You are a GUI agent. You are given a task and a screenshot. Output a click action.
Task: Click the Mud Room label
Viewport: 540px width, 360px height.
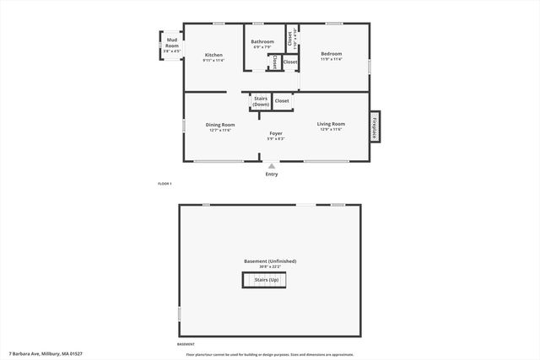point(171,41)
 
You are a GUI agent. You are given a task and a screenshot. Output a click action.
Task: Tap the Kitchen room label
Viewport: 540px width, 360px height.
point(213,55)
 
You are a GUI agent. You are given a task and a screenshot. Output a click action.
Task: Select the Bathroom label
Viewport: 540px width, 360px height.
point(262,41)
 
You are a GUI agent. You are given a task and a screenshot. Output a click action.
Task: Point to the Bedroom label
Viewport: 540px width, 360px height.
point(332,54)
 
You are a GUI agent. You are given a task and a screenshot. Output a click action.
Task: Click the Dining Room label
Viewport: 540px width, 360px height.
point(220,125)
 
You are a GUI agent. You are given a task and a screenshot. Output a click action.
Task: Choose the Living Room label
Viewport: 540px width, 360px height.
point(331,124)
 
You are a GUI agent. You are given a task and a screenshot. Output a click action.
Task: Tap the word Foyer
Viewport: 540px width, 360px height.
point(275,133)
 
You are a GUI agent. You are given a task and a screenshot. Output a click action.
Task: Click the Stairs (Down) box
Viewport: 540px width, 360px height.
point(261,101)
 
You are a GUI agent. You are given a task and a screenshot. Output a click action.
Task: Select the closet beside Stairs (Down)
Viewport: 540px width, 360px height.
point(282,101)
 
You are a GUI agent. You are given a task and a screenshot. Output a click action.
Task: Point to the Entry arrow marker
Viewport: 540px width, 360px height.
point(271,166)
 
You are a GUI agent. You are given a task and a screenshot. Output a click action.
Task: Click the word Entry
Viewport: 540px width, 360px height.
point(271,175)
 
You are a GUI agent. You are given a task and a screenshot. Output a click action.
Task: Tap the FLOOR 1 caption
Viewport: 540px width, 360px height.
point(165,184)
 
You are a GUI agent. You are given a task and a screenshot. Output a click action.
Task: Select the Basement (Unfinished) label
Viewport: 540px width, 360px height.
point(270,261)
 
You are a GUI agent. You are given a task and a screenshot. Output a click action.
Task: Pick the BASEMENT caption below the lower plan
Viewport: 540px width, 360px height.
point(185,345)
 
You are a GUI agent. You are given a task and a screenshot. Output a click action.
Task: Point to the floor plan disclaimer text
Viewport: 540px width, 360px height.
point(270,355)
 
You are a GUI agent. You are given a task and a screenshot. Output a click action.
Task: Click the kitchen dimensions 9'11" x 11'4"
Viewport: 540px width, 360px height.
point(213,61)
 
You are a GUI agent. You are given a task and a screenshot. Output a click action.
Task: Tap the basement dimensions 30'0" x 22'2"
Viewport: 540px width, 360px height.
point(270,267)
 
